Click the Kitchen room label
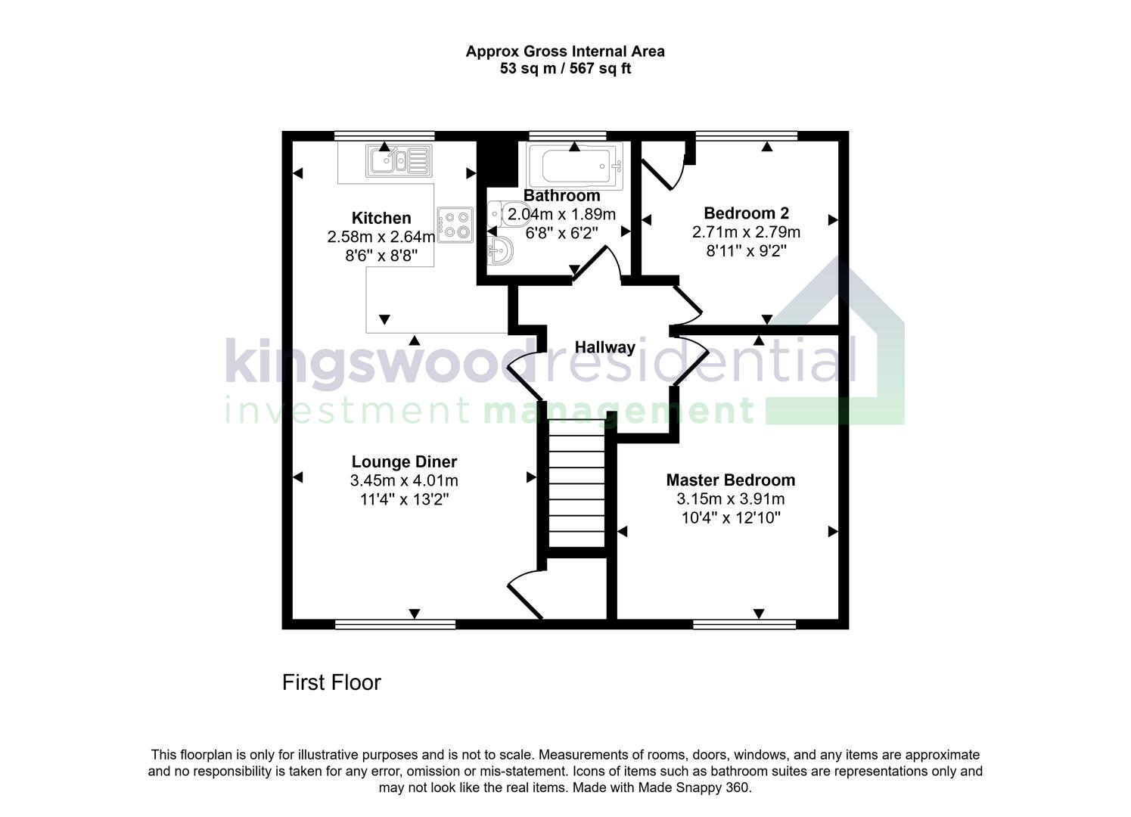coord(381,218)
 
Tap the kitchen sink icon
coord(399,160)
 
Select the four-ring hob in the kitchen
coord(455,224)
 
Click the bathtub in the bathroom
coord(574,163)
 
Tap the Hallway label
coord(604,347)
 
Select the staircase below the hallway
coord(576,487)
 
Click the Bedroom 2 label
coord(746,213)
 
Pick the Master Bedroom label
coord(730,480)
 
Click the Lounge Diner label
coord(404,461)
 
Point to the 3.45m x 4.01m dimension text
coord(404,480)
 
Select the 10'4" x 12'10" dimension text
coord(730,517)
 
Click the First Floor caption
coord(331,682)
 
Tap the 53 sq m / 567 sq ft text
coord(565,69)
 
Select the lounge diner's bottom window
coord(395,624)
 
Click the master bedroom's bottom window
coord(744,624)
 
